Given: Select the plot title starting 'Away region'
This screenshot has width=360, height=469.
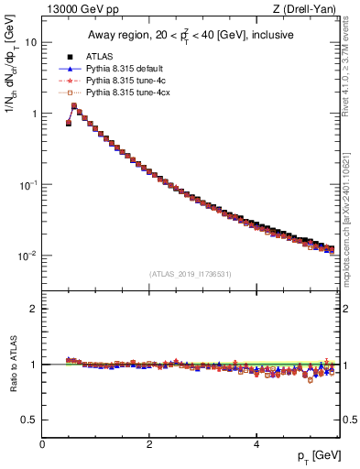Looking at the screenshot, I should coord(189,35).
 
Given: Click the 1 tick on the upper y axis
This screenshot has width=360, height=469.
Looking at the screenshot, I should coord(34,114).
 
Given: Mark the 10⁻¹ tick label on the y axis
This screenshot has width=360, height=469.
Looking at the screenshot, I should coord(29,184).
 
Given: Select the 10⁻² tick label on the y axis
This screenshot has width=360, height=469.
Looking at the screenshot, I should coord(29,256).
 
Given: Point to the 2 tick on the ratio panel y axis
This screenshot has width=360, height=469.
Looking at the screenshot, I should coord(34,309).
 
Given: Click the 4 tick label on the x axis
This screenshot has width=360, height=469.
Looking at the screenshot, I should coord(256,444).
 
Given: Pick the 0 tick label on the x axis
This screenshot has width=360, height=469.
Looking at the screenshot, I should coord(42,444).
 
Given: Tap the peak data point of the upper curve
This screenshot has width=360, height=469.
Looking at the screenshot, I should coord(74,106).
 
